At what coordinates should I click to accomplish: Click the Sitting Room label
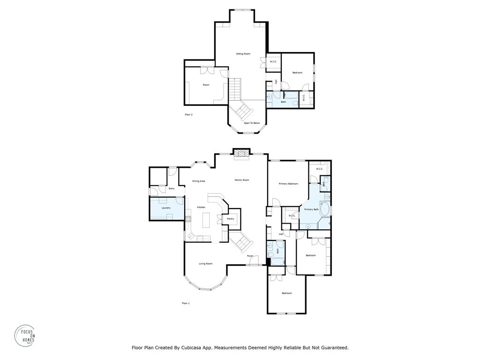click(x=243, y=54)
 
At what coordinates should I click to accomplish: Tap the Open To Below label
click(x=252, y=123)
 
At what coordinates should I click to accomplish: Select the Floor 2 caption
click(x=188, y=114)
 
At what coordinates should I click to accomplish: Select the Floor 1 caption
click(x=186, y=303)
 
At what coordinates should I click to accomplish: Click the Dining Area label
click(x=199, y=181)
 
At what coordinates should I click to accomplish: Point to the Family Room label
click(x=242, y=180)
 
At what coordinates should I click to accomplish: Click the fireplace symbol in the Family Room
click(x=241, y=154)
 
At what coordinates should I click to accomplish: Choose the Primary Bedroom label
click(x=288, y=184)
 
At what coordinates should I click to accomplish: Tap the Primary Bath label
click(x=311, y=209)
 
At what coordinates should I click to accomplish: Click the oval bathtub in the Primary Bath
click(x=324, y=210)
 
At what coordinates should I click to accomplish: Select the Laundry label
click(x=166, y=208)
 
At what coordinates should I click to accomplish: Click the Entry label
click(x=172, y=188)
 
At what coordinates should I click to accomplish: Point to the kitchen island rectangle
click(x=205, y=220)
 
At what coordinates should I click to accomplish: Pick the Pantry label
click(x=231, y=218)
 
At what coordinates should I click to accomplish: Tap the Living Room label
click(x=205, y=263)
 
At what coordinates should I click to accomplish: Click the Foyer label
click(x=250, y=256)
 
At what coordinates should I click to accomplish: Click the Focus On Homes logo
click(x=25, y=336)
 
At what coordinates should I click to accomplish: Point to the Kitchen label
click(x=201, y=207)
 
